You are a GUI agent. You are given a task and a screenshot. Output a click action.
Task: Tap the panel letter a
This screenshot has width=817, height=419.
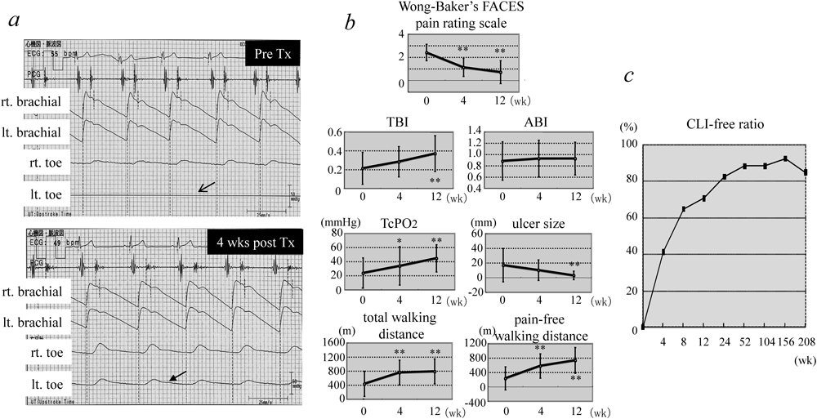pos(14,20)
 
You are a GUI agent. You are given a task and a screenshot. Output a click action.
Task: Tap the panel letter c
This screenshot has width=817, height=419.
pos(630,75)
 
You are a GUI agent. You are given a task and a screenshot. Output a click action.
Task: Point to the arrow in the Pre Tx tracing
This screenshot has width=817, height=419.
pos(207,187)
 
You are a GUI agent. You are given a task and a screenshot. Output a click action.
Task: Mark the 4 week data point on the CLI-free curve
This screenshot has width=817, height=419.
pos(663,252)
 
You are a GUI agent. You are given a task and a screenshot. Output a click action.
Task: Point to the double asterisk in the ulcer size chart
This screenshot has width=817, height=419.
pos(575,265)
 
